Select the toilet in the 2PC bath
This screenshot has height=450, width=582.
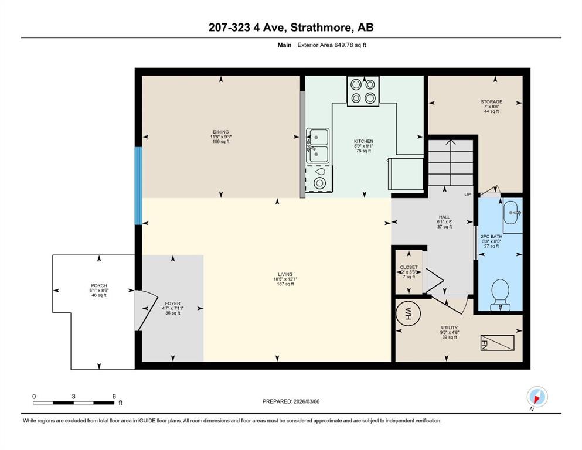(499, 294)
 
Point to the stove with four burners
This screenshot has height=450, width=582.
(362, 91)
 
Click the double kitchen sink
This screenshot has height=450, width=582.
(318, 146)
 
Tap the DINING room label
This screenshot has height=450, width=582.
(220, 132)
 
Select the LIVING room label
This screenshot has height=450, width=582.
(285, 274)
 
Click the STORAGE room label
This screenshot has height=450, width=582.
(491, 101)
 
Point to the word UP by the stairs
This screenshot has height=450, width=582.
(467, 195)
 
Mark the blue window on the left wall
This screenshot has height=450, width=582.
(138, 186)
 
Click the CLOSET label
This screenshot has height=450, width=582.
(409, 267)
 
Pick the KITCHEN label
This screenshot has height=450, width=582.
(363, 141)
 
